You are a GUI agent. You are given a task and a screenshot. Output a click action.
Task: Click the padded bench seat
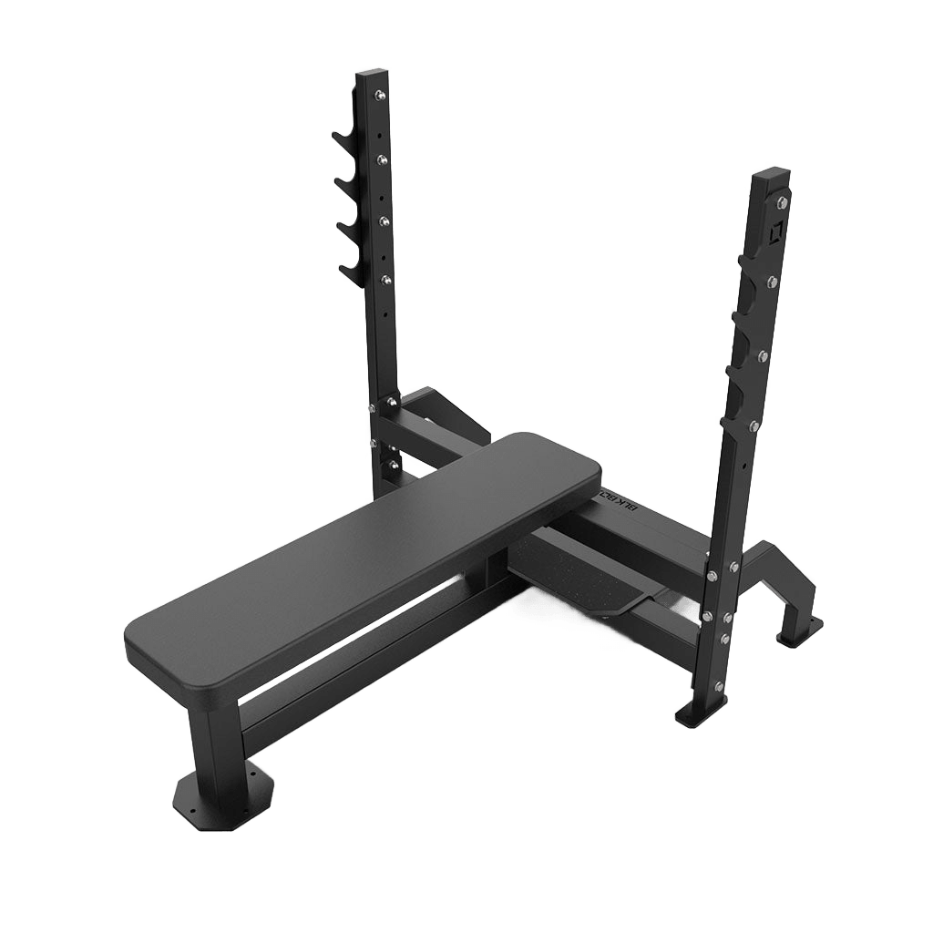(364, 556)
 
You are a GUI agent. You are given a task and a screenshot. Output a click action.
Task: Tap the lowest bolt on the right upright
(720, 686)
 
